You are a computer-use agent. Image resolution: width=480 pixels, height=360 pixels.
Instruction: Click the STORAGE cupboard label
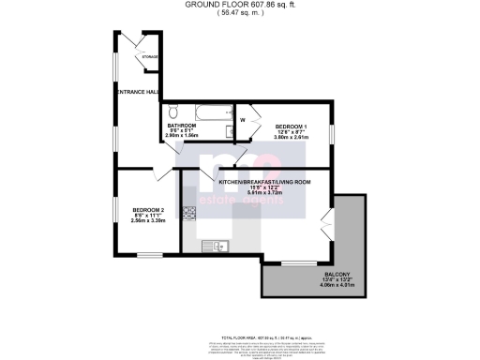tap(150, 59)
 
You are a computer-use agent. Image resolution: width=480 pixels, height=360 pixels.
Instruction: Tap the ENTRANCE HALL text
tap(136, 91)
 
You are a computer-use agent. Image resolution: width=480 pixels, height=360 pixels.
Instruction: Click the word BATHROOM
tap(181, 125)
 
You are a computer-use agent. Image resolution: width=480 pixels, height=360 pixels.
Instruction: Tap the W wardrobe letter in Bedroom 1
tap(243, 119)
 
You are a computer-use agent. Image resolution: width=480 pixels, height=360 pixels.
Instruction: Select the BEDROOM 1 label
tap(292, 125)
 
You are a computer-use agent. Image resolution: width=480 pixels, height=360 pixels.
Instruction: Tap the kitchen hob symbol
tap(188, 212)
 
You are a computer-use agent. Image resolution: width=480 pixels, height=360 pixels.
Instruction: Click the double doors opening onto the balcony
tap(326, 225)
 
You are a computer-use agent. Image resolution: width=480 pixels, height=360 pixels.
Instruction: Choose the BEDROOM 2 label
tap(148, 209)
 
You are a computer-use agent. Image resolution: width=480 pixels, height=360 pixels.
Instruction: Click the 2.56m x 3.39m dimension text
tap(148, 221)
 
